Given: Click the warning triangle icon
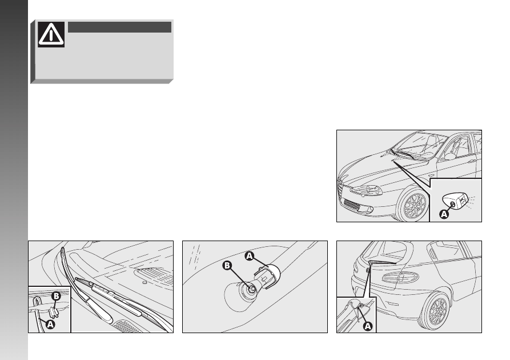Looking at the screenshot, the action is tap(51, 34).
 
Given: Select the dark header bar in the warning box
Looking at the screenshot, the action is tap(119, 27).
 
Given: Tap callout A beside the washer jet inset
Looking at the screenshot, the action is tap(444, 214).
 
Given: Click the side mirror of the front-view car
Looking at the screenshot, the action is tap(450, 156).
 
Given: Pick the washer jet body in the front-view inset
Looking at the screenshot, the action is tap(455, 202).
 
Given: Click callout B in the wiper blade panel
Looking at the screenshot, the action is tap(57, 296).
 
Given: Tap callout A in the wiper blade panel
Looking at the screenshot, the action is tap(50, 324).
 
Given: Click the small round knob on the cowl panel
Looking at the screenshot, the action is tap(144, 282).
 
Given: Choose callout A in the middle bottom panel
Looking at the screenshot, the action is tap(250, 256).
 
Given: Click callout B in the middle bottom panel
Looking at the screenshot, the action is tap(227, 266).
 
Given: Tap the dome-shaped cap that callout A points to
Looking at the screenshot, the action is tap(270, 275).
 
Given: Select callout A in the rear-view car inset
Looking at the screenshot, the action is tap(368, 326).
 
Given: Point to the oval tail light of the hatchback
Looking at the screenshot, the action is tap(400, 277).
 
